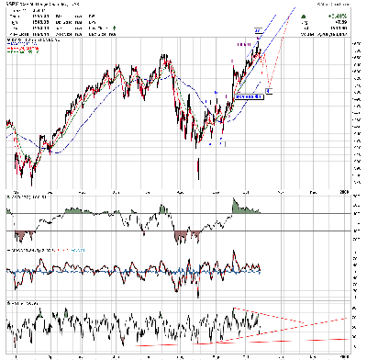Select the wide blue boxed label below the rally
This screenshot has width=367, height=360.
click(x=249, y=96)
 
